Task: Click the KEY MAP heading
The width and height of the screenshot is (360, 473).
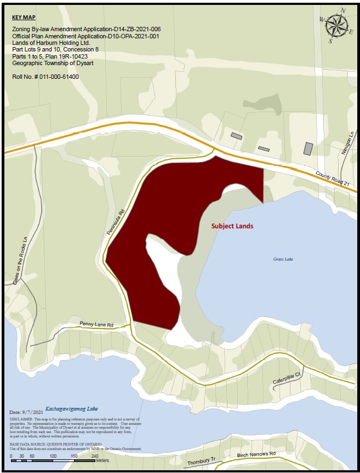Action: pos(23,17)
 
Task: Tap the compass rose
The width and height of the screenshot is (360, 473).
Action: pos(336,25)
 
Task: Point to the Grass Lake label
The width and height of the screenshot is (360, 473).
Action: pos(283,259)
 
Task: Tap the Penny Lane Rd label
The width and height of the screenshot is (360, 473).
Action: pos(96,325)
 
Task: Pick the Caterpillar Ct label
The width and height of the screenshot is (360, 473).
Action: pos(287,378)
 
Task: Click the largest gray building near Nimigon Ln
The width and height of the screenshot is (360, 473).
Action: pos(308,148)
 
